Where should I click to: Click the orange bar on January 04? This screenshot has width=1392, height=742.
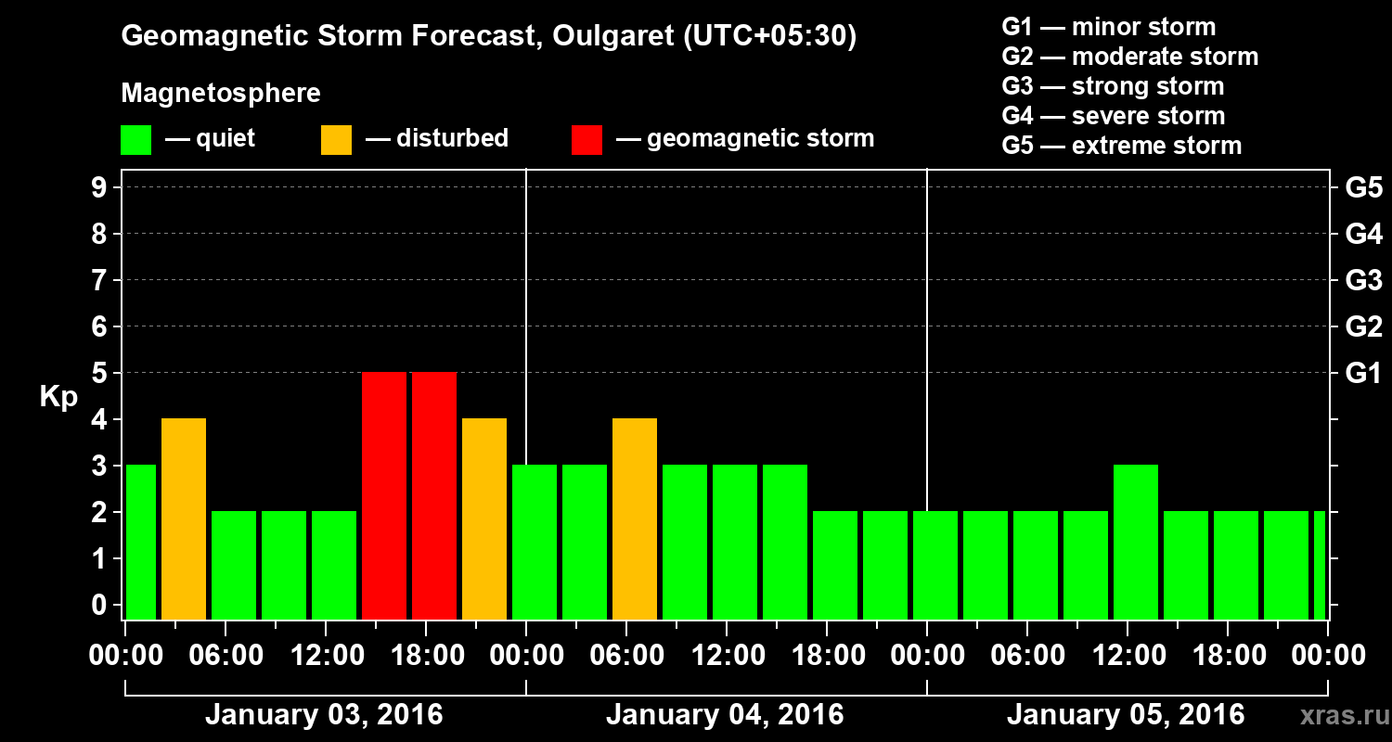[x=635, y=518]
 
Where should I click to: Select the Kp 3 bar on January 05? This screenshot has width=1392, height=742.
[x=1136, y=542]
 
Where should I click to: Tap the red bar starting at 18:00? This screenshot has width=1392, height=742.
[x=434, y=495]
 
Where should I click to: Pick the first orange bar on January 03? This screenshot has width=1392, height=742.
[x=184, y=518]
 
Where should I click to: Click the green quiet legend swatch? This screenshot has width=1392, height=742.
[x=135, y=139]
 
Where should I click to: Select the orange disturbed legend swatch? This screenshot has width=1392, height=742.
[x=336, y=139]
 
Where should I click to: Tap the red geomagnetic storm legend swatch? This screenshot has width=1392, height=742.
[x=586, y=139]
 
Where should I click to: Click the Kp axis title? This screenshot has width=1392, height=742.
[x=58, y=397]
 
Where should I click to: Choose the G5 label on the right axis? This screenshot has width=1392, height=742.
[x=1363, y=188]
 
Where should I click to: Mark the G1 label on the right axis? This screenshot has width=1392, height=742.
[x=1363, y=374]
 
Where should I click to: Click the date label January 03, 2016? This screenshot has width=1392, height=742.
[x=324, y=715]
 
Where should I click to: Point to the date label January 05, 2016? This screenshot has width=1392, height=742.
[x=1126, y=715]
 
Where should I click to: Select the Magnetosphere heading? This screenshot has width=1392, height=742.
[x=221, y=94]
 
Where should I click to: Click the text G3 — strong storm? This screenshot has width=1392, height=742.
[x=1113, y=86]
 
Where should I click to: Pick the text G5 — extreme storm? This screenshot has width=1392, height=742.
[x=1121, y=146]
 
